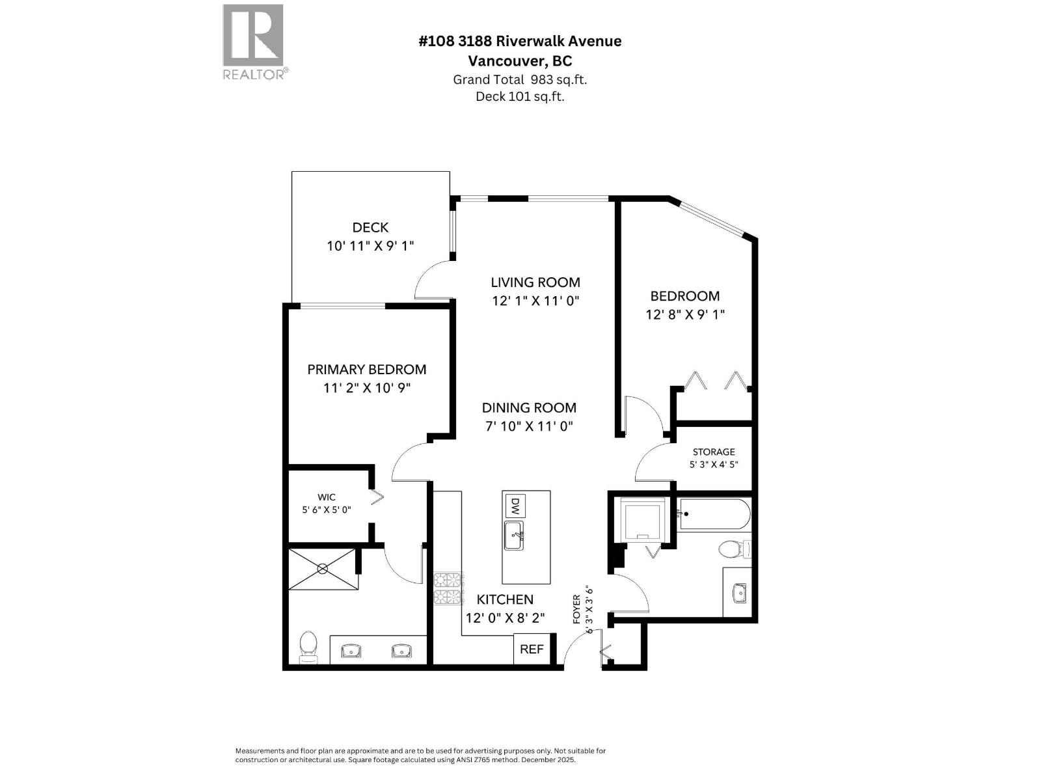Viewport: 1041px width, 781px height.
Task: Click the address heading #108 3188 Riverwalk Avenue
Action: (520, 41)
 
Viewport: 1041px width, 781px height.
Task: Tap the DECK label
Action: (370, 227)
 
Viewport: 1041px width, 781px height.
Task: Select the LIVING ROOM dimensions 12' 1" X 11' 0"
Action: (535, 301)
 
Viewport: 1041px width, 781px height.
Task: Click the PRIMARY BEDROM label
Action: (367, 369)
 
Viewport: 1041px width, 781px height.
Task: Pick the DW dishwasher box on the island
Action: (514, 505)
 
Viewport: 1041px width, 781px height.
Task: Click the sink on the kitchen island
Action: (514, 536)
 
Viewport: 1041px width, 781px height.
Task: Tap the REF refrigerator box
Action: (532, 649)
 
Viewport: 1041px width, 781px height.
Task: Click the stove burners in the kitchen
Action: (449, 588)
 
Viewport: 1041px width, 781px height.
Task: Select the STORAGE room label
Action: (714, 452)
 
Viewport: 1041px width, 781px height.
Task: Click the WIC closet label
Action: (327, 497)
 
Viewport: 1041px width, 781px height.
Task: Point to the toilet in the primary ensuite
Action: (308, 646)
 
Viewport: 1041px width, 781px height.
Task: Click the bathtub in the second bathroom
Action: (714, 514)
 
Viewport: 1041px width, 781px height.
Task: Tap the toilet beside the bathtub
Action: (734, 550)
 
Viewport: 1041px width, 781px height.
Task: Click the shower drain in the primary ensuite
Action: (323, 568)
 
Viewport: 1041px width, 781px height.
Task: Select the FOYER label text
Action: (576, 609)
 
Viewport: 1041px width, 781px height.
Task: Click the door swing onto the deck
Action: (431, 281)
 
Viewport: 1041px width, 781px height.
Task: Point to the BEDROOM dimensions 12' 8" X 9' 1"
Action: (685, 314)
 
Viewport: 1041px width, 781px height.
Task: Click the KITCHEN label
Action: (505, 599)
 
